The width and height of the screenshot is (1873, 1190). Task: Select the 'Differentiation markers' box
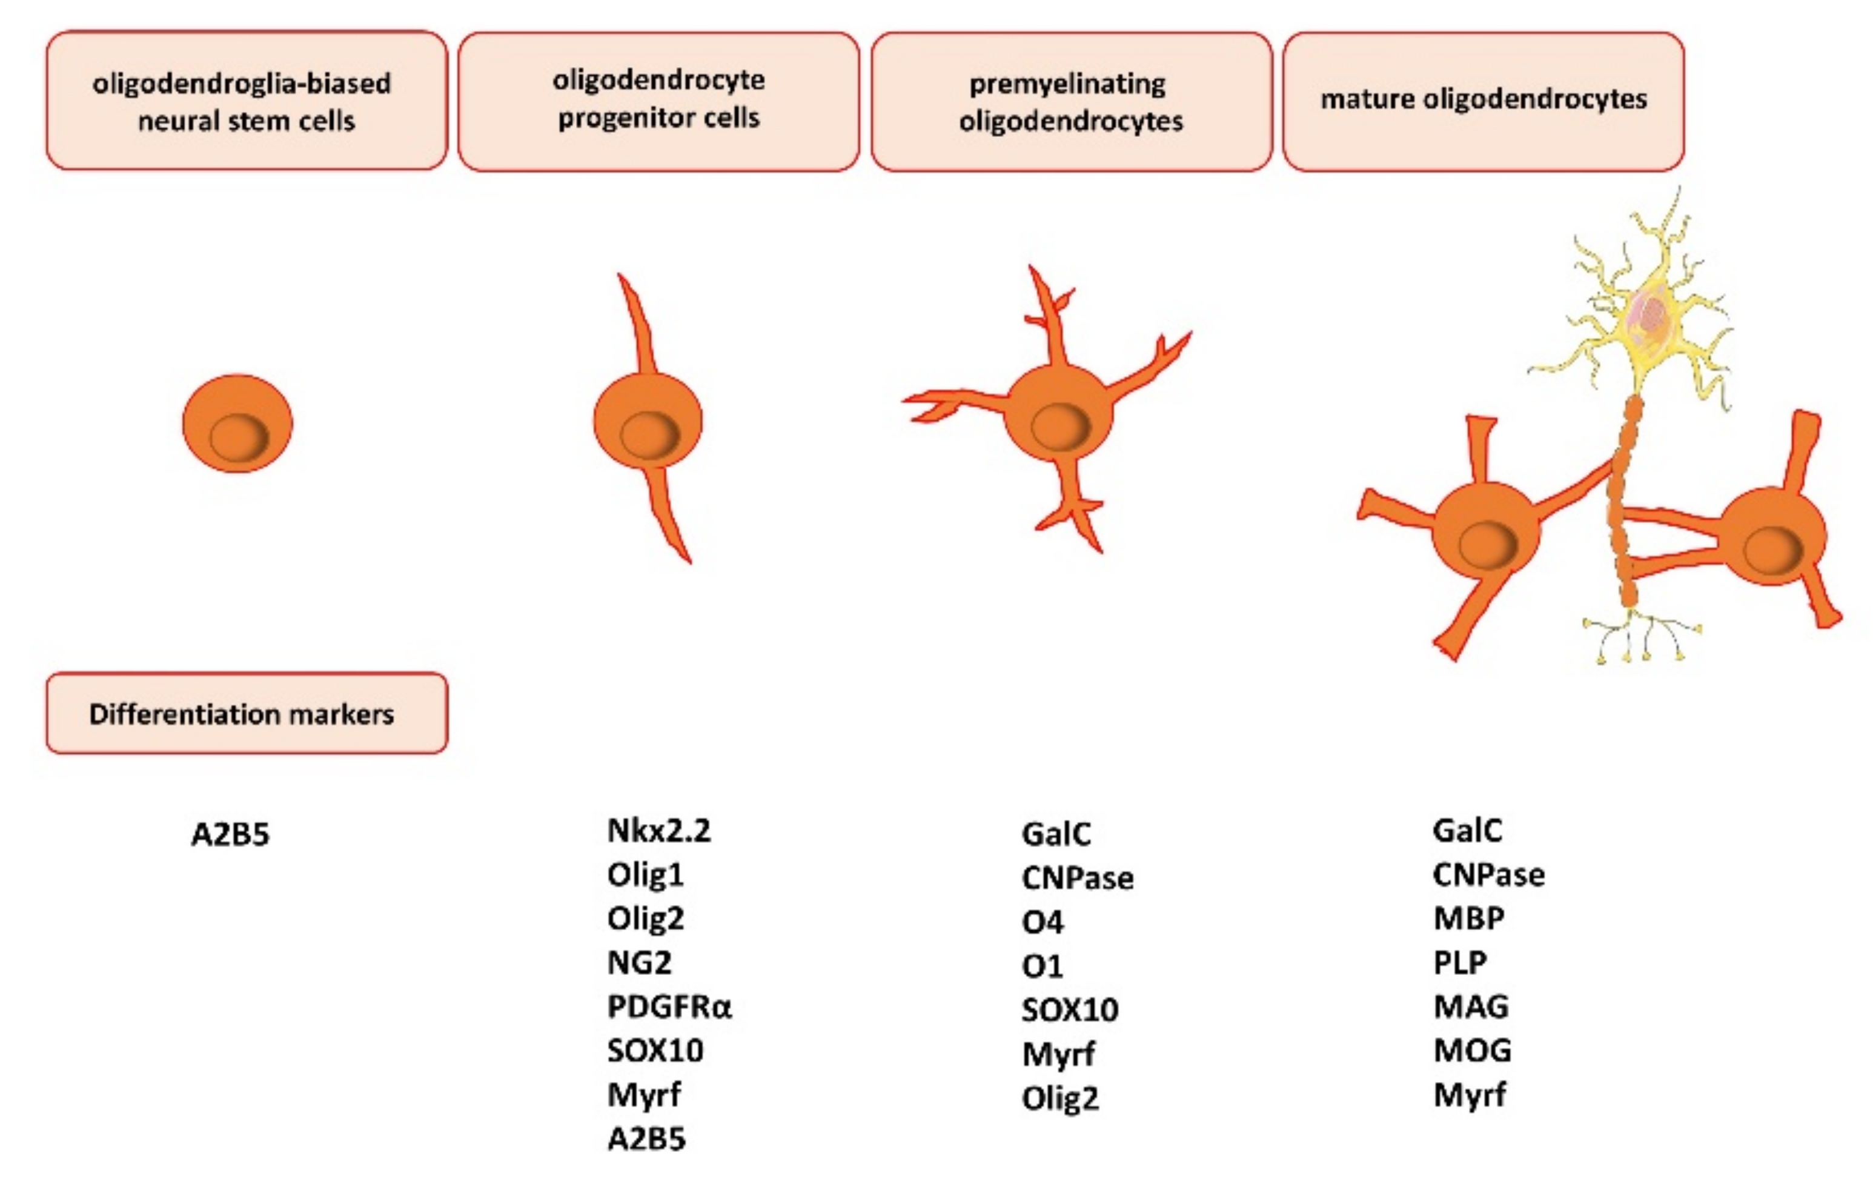pyautogui.click(x=247, y=713)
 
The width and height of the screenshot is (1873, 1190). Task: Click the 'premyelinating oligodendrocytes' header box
pyautogui.click(x=1071, y=101)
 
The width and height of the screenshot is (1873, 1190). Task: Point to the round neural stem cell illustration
pyautogui.click(x=237, y=424)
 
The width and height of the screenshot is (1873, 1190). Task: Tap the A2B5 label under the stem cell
pyautogui.click(x=230, y=834)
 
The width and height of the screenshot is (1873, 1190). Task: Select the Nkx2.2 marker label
pyautogui.click(x=658, y=831)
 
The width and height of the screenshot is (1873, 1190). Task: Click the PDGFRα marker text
pyautogui.click(x=669, y=1006)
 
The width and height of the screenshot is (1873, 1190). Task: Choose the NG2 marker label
pyautogui.click(x=638, y=963)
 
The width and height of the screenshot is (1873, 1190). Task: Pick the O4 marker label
pyautogui.click(x=1043, y=922)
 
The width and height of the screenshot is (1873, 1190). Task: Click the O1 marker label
pyautogui.click(x=1043, y=966)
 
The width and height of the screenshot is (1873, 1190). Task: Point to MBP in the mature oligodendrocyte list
pyautogui.click(x=1468, y=919)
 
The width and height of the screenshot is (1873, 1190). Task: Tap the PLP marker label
pyautogui.click(x=1460, y=963)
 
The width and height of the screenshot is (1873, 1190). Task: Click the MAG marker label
pyautogui.click(x=1471, y=1006)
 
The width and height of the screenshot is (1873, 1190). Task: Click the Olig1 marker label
pyautogui.click(x=645, y=875)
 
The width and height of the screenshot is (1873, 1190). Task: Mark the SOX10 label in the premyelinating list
pyautogui.click(x=1070, y=1010)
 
